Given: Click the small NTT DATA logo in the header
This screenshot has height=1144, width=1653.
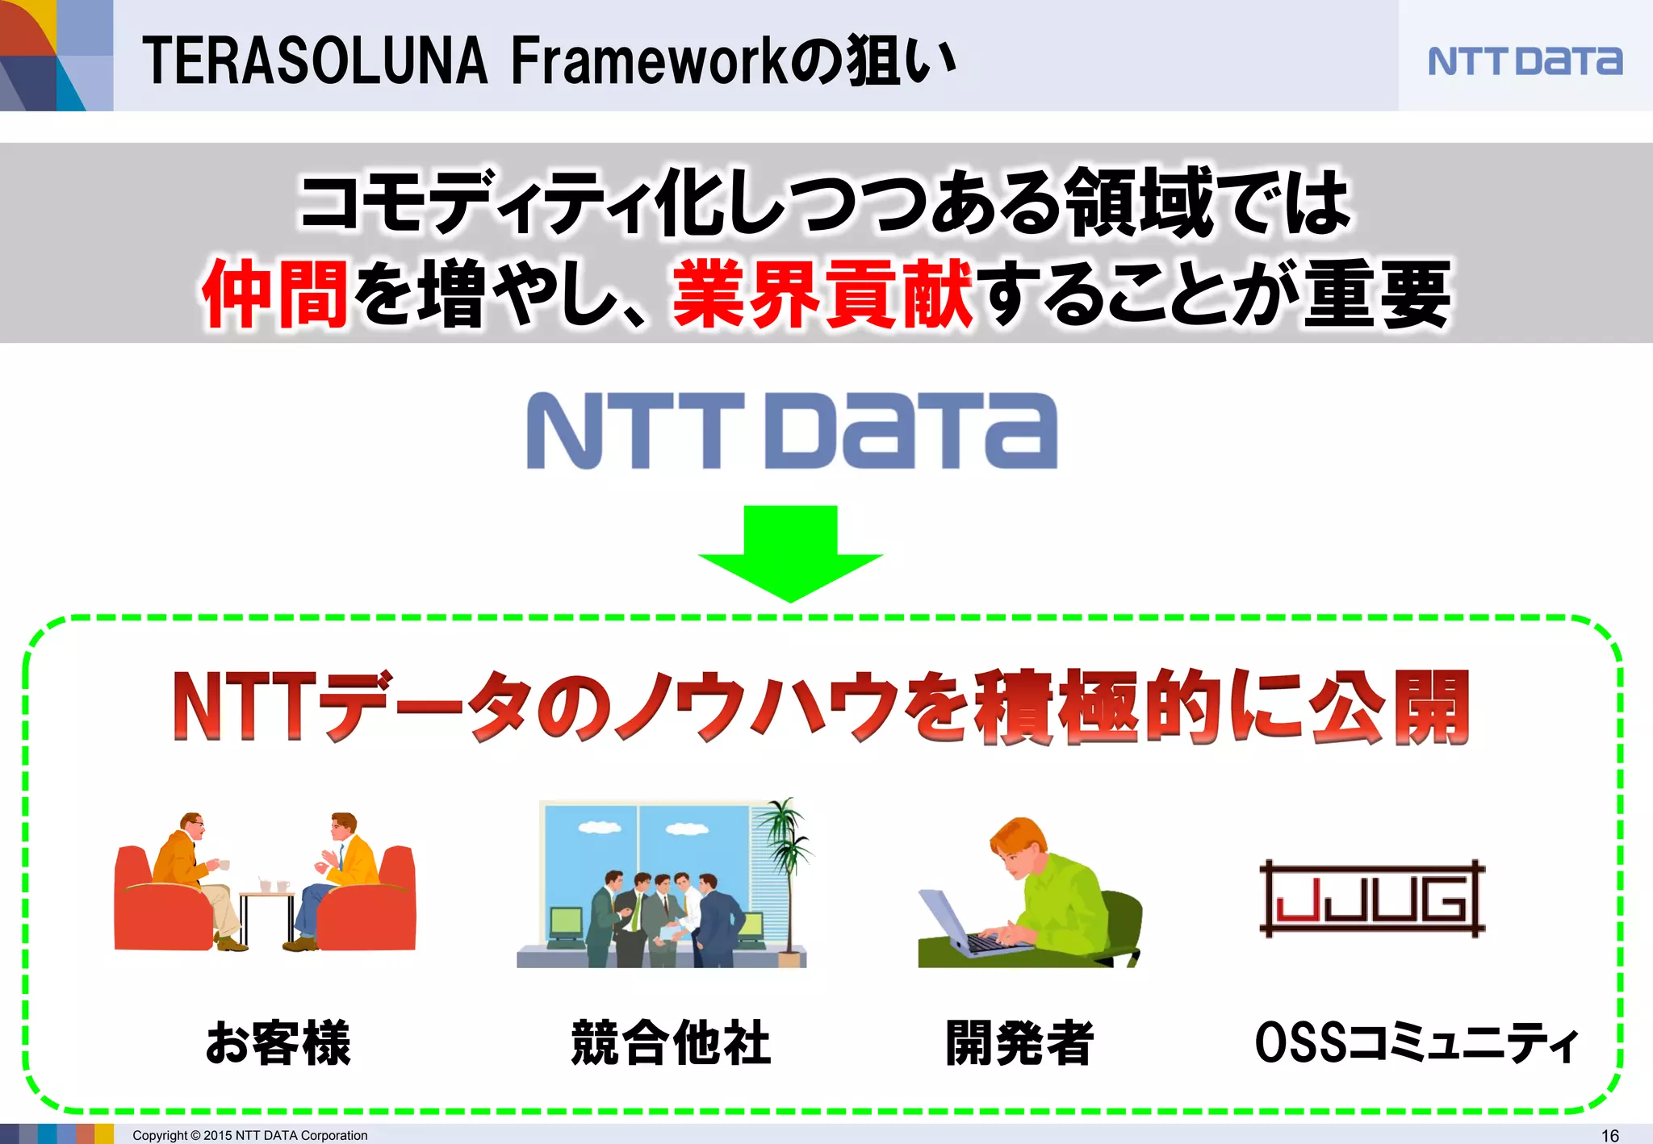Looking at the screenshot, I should pyautogui.click(x=1525, y=61).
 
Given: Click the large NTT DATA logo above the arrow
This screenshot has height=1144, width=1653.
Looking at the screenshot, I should pyautogui.click(x=792, y=431).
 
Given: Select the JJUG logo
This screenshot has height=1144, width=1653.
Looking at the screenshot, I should pyautogui.click(x=1372, y=899).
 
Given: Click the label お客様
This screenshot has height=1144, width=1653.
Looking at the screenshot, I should pyautogui.click(x=278, y=1042).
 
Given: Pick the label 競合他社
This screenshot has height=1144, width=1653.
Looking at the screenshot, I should pyautogui.click(x=671, y=1042).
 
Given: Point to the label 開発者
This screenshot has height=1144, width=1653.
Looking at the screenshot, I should pyautogui.click(x=1019, y=1042).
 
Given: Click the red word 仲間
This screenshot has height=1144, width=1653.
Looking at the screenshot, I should pyautogui.click(x=275, y=294).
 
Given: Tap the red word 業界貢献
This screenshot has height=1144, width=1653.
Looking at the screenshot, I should pyautogui.click(x=823, y=294).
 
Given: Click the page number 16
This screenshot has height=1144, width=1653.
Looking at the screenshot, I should pyautogui.click(x=1609, y=1135).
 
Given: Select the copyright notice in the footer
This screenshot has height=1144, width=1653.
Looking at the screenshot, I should pyautogui.click(x=250, y=1135).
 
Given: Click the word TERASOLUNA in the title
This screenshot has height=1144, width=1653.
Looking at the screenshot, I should pyautogui.click(x=315, y=61).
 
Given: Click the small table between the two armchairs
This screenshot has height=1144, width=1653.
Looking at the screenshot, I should pyautogui.click(x=266, y=912).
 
